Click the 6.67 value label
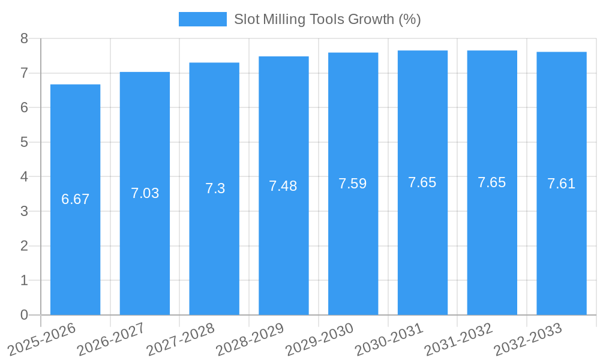[x=76, y=199]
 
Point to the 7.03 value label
[x=145, y=193]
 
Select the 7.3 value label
[x=215, y=188]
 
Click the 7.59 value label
[x=353, y=184]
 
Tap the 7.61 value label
[x=562, y=184]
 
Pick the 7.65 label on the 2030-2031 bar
[x=422, y=182]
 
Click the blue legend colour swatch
[x=202, y=19]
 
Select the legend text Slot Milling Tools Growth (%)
[x=328, y=19]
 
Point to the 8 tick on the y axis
[x=24, y=38]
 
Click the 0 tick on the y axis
[x=24, y=315]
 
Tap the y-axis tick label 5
[x=24, y=142]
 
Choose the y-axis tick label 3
[x=24, y=211]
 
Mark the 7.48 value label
[x=283, y=186]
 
